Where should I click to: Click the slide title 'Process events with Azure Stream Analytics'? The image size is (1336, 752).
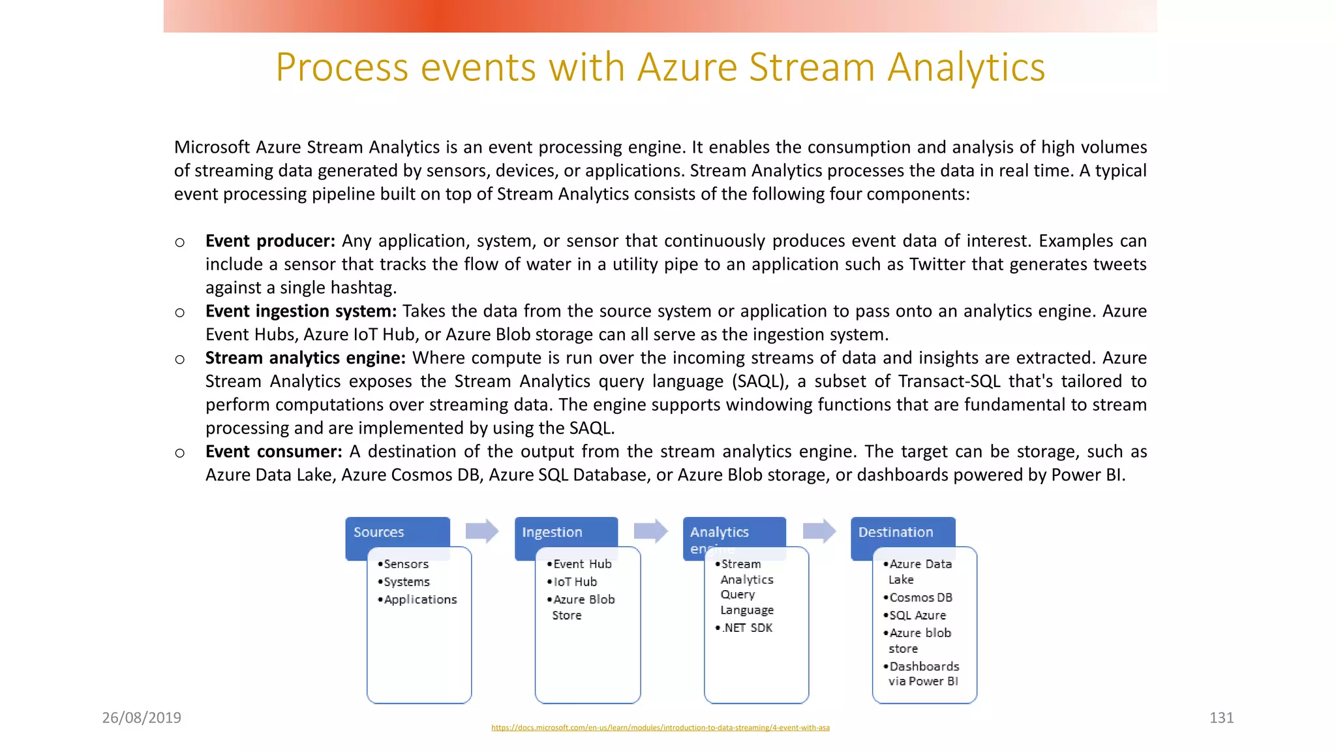click(x=660, y=67)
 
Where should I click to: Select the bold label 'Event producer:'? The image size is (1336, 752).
click(x=270, y=241)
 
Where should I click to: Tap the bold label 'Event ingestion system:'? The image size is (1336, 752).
click(x=301, y=311)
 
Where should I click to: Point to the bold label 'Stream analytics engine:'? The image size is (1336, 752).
click(x=305, y=358)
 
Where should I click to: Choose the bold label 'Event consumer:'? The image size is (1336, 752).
click(x=273, y=452)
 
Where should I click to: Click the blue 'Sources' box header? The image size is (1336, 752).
click(x=397, y=532)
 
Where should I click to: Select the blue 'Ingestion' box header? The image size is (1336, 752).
click(x=565, y=532)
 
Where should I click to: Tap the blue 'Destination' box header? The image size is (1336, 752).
click(x=902, y=532)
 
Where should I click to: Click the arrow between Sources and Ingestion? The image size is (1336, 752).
click(x=482, y=531)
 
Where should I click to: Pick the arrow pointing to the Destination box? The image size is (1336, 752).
click(x=819, y=531)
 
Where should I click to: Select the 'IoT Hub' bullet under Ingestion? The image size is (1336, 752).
click(x=575, y=582)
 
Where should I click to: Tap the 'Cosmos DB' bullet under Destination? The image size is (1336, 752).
click(x=920, y=598)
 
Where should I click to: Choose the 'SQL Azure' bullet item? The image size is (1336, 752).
click(x=917, y=616)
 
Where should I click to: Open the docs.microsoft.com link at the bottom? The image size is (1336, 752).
click(x=660, y=728)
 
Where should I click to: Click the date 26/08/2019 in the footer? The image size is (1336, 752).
click(x=142, y=718)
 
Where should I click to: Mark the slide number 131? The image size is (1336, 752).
click(x=1221, y=718)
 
